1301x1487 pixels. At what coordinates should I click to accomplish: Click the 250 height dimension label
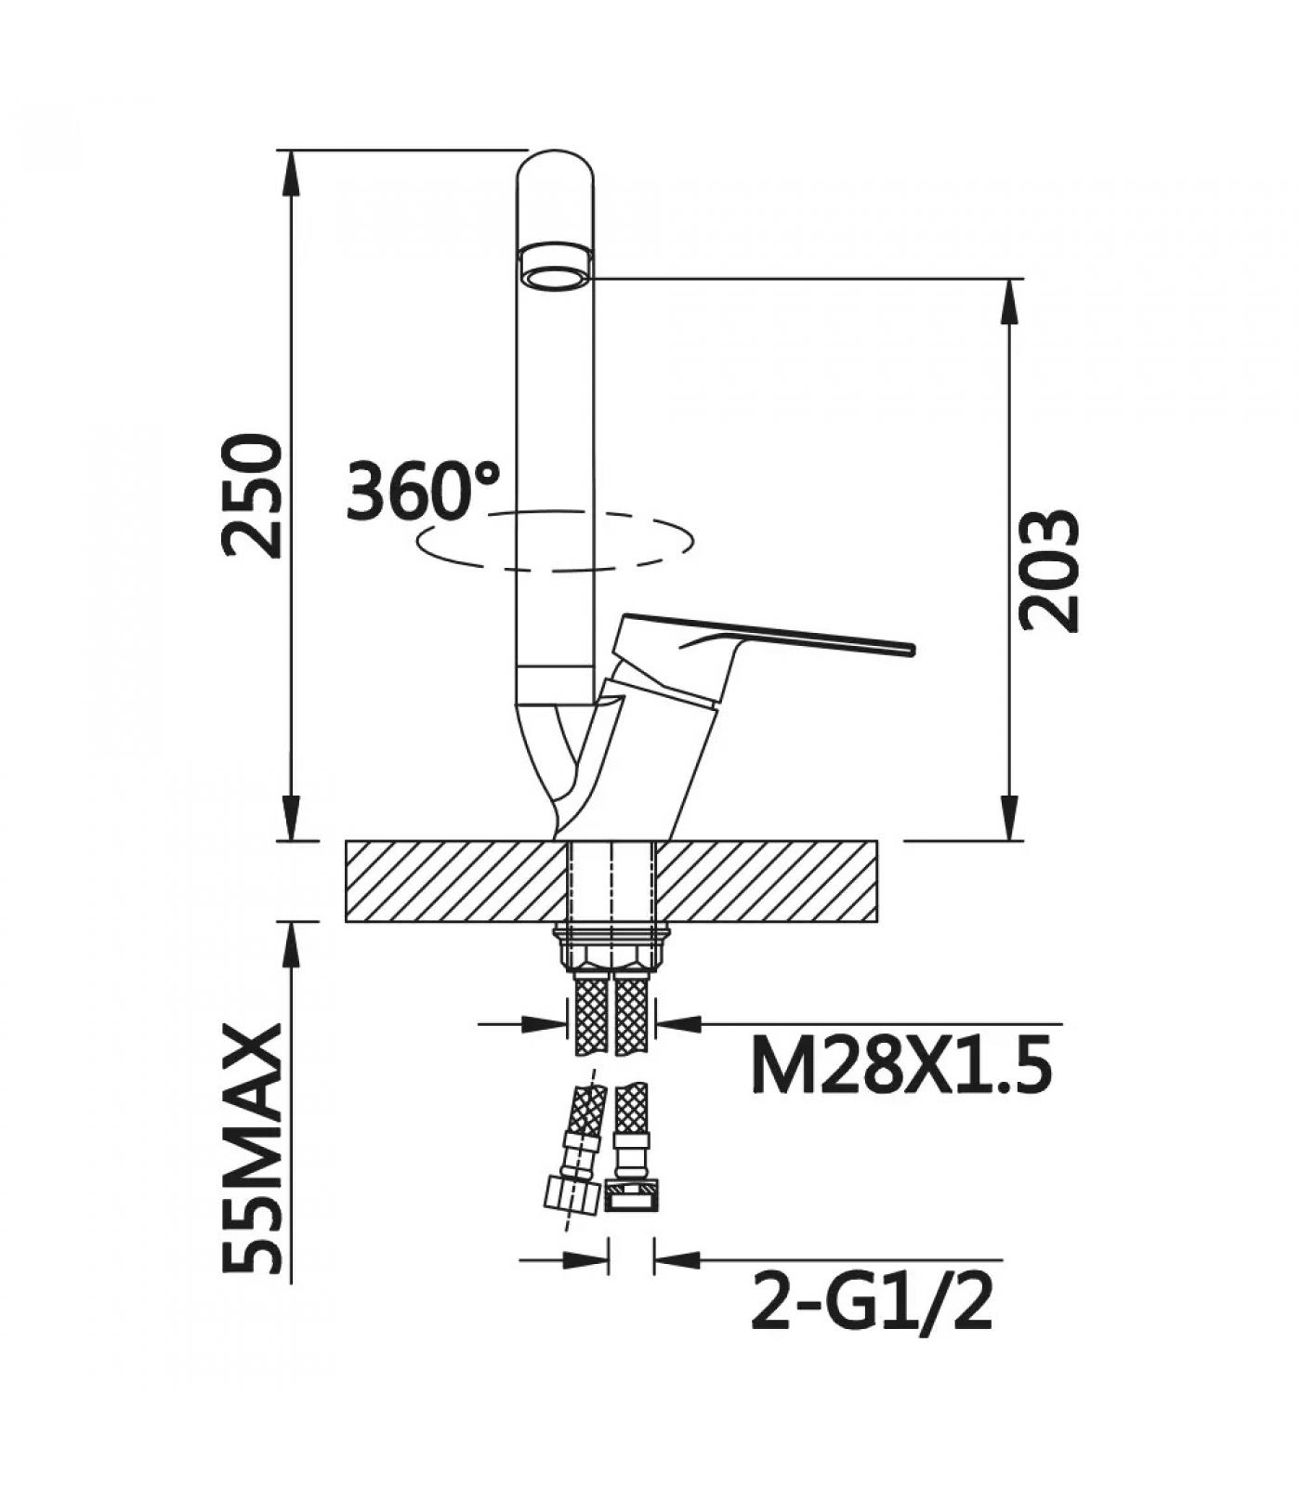252,496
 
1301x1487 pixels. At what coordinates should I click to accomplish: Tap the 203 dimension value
1050,571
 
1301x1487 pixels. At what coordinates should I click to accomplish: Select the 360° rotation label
423,490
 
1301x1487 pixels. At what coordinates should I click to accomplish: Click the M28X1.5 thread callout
901,1066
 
